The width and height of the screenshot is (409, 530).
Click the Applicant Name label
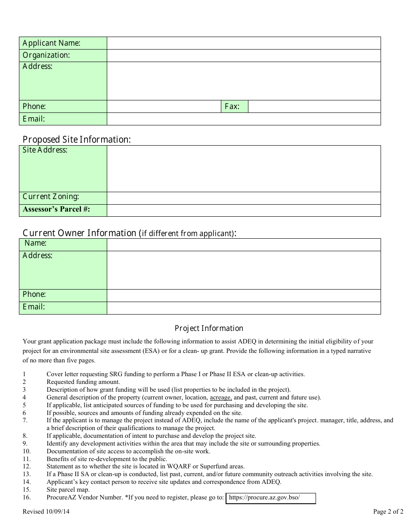point(51,43)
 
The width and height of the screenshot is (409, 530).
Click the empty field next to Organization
point(244,56)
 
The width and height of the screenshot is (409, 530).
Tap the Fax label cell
point(234,106)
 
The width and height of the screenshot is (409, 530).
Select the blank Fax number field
point(314,106)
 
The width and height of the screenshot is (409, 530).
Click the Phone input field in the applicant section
point(164,106)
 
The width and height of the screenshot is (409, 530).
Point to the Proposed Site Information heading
point(77,140)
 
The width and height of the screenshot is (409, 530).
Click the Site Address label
point(45,150)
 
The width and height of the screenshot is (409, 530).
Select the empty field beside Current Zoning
point(244,198)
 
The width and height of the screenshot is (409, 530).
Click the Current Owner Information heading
point(129,233)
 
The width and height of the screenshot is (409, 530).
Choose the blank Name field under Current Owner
point(244,244)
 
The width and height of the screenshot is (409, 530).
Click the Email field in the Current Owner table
point(244,308)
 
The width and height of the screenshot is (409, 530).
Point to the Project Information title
point(209,328)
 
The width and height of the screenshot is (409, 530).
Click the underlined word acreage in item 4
point(221,397)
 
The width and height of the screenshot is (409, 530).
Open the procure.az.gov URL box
point(270,498)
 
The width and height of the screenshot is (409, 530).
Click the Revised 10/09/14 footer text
point(46,512)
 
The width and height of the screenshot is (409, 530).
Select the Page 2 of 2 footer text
point(388,512)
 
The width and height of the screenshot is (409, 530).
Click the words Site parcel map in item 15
point(68,489)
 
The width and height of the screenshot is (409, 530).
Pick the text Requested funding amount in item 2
point(83,382)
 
